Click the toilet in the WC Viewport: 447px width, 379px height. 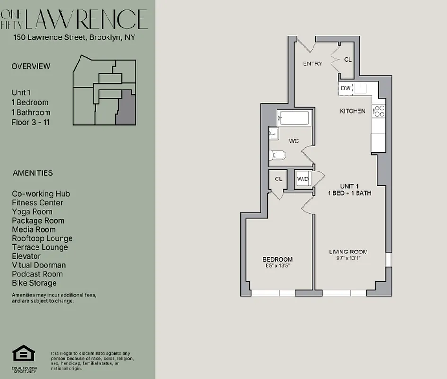coord(277,155)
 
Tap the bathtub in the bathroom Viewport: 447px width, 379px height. coord(294,118)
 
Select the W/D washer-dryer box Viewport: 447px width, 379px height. coord(303,179)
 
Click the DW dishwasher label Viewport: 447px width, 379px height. coord(345,88)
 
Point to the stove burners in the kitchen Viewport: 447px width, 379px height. coord(379,111)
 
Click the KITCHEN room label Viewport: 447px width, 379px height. coord(352,111)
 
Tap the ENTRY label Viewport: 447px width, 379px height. coord(313,64)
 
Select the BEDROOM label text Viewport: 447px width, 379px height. coord(277,259)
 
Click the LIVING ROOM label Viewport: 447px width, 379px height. coord(348,252)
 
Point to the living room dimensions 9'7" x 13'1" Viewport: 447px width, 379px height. coord(348,258)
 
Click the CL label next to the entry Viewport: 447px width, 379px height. coord(348,60)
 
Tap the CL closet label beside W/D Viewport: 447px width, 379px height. coord(278,179)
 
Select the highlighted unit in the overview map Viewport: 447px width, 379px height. coord(126,108)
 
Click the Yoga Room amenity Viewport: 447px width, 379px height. coord(32,212)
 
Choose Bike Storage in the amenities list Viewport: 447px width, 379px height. coord(34,283)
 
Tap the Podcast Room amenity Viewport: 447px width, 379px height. coord(37,274)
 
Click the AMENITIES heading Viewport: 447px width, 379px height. coord(33,173)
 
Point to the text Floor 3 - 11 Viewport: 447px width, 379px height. coord(31,122)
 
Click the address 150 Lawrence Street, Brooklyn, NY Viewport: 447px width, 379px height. coord(74,37)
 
